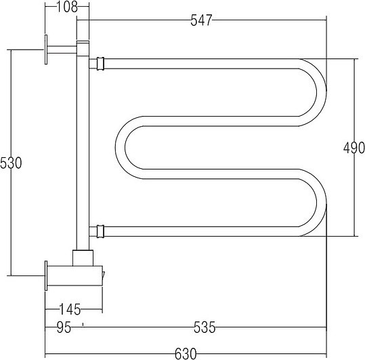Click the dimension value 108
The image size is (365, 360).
pos(67,7)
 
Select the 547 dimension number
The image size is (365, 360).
pos(201,20)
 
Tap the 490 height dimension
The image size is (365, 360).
pos(353,148)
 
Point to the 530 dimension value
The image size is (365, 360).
pos(11,163)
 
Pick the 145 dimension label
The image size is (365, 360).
pos(70,309)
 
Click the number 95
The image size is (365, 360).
pos(64,327)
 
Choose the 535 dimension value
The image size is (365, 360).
pos(205,327)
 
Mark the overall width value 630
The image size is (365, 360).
pos(186,354)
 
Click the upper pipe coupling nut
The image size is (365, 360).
pos(100,64)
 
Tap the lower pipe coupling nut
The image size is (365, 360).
pos(100,231)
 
